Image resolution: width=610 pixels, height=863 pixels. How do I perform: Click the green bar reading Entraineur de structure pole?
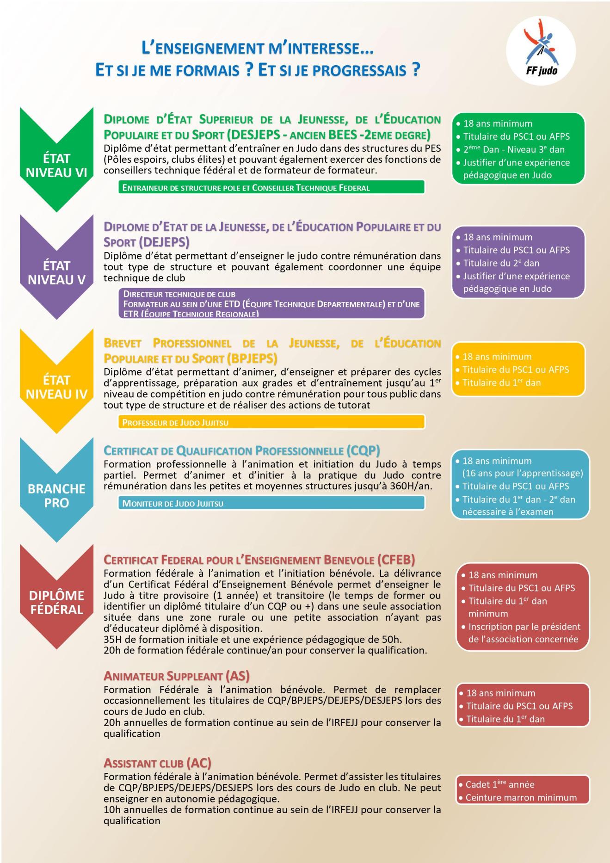271,188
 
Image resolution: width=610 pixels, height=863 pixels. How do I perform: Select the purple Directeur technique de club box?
271,303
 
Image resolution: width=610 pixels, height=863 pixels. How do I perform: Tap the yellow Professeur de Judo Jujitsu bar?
271,422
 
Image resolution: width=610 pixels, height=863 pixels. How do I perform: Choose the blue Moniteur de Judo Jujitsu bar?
271,503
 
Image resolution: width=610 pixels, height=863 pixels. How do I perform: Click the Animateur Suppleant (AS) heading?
177,676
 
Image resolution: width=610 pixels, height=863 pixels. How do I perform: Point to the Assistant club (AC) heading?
157,763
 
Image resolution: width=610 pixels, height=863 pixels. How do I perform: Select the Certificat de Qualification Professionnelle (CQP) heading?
241,450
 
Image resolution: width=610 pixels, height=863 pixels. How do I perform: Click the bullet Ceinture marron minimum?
521,798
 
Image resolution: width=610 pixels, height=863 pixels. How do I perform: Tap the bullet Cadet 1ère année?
499,784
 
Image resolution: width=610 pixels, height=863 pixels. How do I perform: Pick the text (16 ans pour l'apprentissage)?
523,473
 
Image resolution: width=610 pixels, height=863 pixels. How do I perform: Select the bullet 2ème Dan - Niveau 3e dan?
513,150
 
